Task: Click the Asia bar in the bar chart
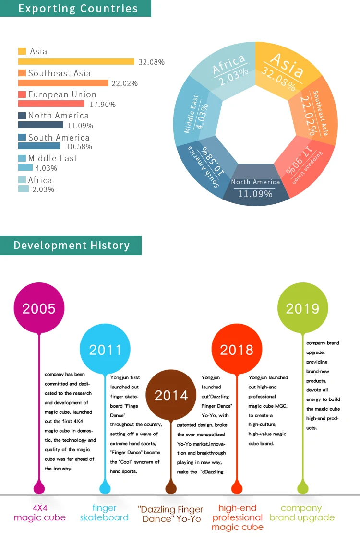tap(76, 61)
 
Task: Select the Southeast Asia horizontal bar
tap(63, 83)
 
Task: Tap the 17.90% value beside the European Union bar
tap(103, 105)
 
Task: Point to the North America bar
tap(40, 125)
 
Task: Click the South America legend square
tap(22, 137)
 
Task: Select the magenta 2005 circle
tap(39, 308)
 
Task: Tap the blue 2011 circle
tap(105, 349)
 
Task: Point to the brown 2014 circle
tap(171, 395)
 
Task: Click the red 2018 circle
tap(237, 349)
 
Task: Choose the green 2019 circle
tap(303, 307)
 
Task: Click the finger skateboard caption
tap(104, 513)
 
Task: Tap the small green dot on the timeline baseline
tap(302, 489)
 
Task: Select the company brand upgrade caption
tap(302, 513)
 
